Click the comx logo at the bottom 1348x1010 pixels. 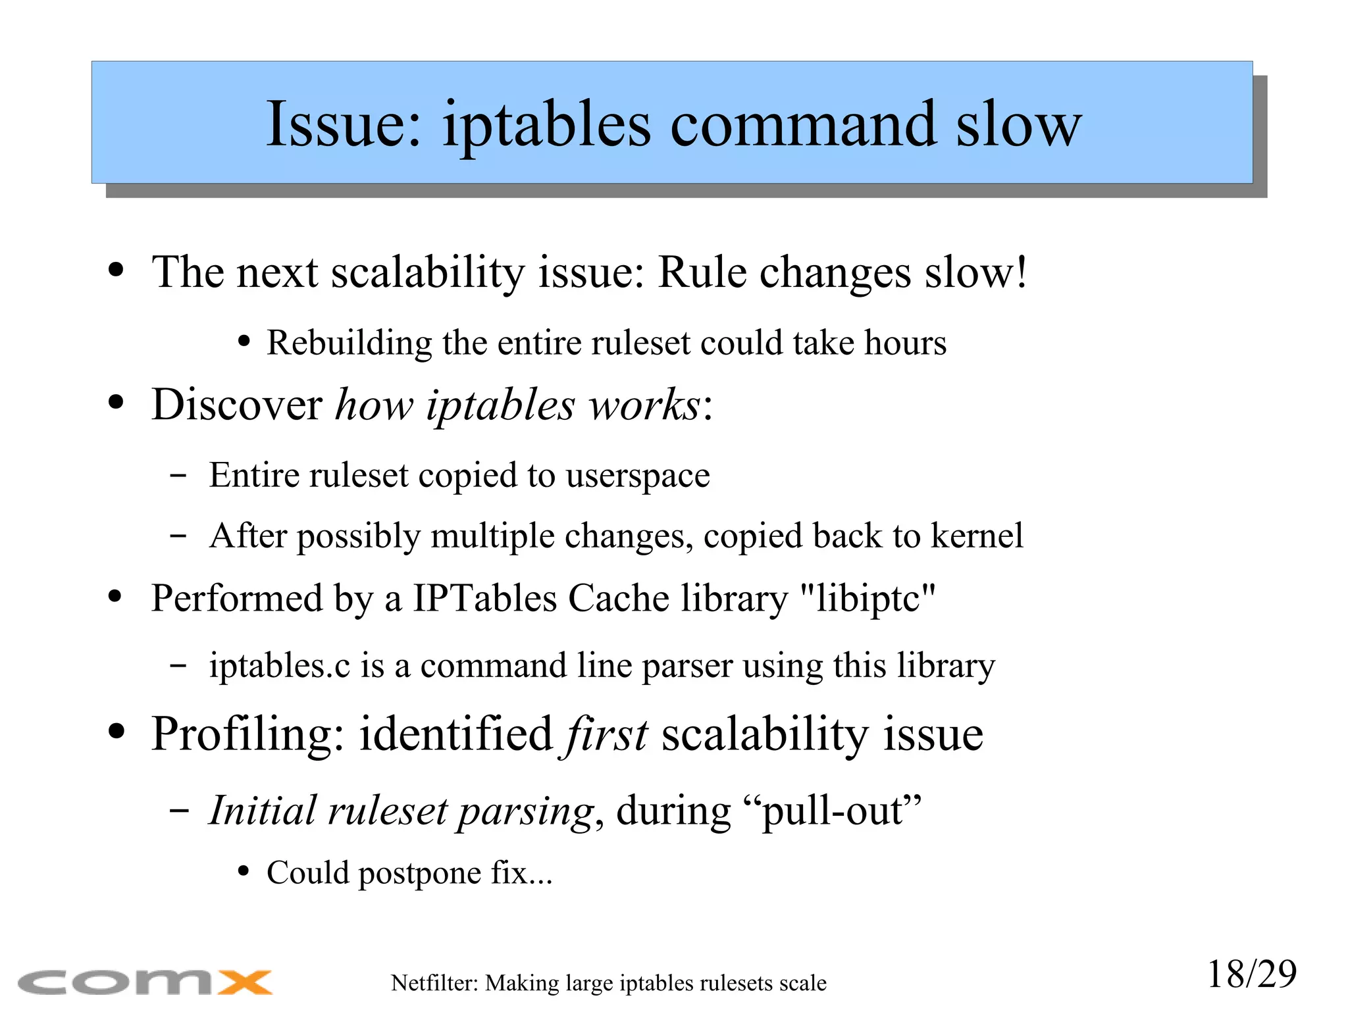tap(145, 982)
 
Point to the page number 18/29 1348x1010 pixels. tap(1251, 974)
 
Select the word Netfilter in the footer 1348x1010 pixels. tap(434, 983)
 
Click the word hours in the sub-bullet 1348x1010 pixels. tap(905, 343)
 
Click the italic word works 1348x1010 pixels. tap(644, 404)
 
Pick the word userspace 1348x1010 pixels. tap(638, 475)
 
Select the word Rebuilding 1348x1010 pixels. tap(349, 343)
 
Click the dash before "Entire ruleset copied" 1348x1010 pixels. tap(177, 475)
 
